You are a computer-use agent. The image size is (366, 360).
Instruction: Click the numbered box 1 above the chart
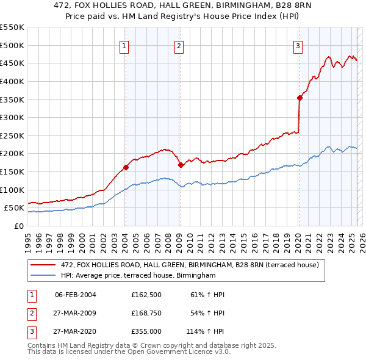(x=124, y=45)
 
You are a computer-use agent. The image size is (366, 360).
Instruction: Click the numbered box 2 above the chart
(x=179, y=45)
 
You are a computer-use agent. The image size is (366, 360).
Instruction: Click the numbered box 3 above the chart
(x=298, y=45)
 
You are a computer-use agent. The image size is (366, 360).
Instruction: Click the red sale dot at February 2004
(x=126, y=167)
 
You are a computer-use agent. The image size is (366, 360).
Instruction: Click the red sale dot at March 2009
(x=181, y=165)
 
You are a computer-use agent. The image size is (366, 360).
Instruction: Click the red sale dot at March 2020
(x=300, y=98)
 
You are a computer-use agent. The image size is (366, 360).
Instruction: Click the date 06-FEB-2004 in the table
(x=76, y=295)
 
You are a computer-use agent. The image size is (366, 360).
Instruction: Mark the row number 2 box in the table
(x=31, y=314)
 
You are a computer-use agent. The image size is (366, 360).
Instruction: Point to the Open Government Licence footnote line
(x=129, y=352)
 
